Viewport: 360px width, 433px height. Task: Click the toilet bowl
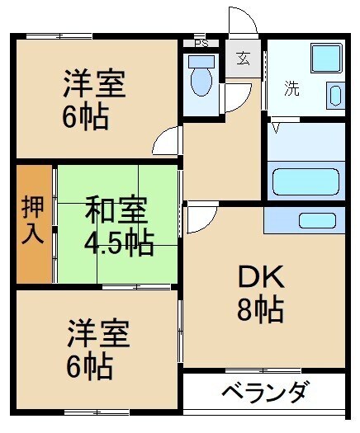[201, 81]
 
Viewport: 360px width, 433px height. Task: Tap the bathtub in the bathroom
[306, 180]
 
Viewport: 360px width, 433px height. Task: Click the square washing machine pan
[325, 57]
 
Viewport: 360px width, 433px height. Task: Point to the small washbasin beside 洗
[335, 94]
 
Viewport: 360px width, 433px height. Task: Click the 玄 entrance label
[244, 59]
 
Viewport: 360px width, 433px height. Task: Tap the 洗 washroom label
[292, 88]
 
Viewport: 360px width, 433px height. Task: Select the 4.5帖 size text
[118, 242]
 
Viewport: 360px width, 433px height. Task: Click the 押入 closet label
[33, 220]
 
